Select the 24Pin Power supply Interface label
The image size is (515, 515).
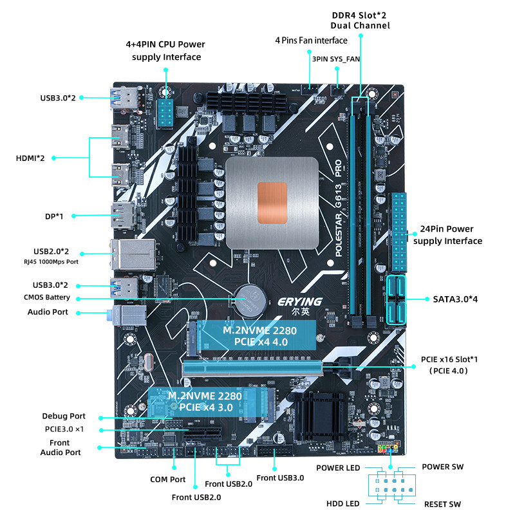tap(447, 235)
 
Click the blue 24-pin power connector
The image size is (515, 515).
tap(399, 232)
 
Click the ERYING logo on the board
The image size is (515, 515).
tap(299, 301)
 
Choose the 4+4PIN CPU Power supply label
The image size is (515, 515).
tap(166, 51)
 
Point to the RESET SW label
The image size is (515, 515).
tap(442, 504)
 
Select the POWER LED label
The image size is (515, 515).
tap(338, 468)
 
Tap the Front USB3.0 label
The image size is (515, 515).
tap(280, 478)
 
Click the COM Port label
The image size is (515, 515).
tap(168, 480)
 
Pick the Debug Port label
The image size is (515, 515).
tap(64, 417)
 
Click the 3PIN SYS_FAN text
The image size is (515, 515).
tap(335, 59)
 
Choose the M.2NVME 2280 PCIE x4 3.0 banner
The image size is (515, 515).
tap(205, 401)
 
